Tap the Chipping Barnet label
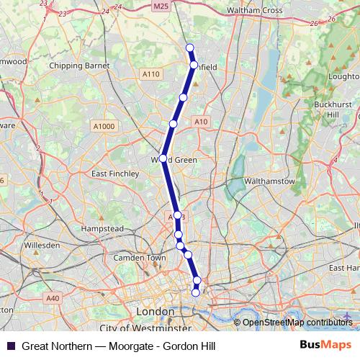pyautogui.click(x=78, y=66)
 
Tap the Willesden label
pyautogui.click(x=42, y=246)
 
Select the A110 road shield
pyautogui.click(x=151, y=74)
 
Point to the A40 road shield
pyautogui.click(x=53, y=297)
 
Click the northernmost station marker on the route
pyautogui.click(x=190, y=48)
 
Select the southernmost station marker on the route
pyautogui.click(x=195, y=292)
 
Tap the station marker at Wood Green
pyautogui.click(x=163, y=158)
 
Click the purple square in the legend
pyautogui.click(x=10, y=346)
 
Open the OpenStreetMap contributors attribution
pyautogui.click(x=297, y=322)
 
